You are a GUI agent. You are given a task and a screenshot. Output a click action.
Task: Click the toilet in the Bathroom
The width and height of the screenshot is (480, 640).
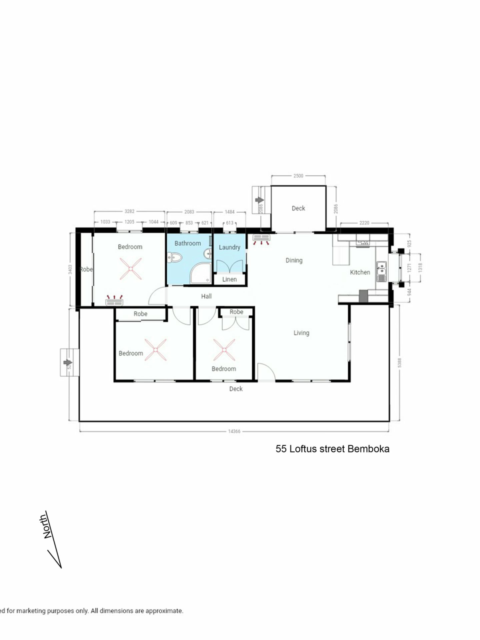click(174, 257)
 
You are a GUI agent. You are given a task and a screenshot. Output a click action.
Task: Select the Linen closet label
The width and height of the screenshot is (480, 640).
click(229, 279)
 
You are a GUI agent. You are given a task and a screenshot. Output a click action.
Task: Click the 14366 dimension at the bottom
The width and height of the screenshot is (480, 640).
click(234, 431)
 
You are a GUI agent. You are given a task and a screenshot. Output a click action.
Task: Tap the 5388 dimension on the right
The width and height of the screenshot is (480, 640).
click(399, 363)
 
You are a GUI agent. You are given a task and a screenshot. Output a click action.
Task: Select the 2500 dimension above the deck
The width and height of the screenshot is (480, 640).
click(298, 176)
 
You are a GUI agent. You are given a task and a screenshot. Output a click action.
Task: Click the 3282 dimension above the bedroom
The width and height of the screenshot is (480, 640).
click(129, 211)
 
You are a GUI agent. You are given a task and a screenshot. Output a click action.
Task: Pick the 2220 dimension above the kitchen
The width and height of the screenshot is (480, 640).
click(364, 223)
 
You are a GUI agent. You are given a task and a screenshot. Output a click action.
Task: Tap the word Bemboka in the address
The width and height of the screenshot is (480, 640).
click(368, 449)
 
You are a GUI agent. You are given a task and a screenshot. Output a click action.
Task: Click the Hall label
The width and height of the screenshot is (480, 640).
click(206, 296)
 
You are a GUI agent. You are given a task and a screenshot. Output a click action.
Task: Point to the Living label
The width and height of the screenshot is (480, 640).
click(301, 333)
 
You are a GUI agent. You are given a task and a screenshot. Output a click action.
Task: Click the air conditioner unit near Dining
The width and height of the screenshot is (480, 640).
click(261, 238)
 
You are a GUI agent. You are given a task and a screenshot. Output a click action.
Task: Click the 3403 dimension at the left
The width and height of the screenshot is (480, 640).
click(70, 269)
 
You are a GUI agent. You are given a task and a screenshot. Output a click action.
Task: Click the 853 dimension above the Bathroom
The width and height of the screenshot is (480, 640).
click(189, 223)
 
